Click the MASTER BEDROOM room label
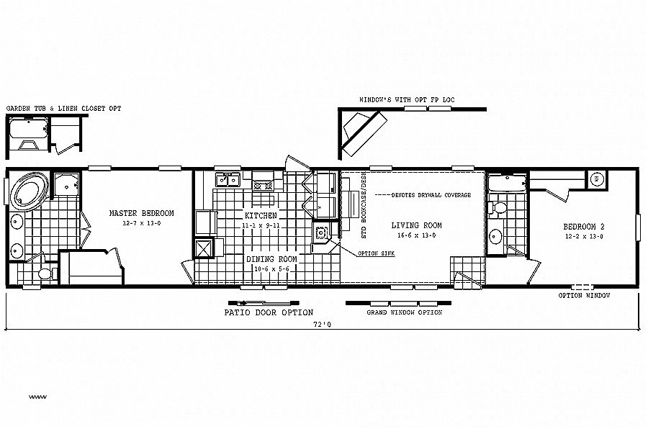click(x=142, y=213)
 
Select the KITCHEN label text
click(x=261, y=215)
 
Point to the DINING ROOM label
click(x=271, y=259)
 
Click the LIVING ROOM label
click(x=416, y=225)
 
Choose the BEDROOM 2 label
click(x=583, y=227)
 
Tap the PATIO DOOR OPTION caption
click(x=269, y=312)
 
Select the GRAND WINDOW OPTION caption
click(x=405, y=312)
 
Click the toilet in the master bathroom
click(x=45, y=273)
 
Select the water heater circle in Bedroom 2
click(x=597, y=179)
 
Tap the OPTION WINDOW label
click(x=585, y=295)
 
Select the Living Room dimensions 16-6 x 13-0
click(x=416, y=235)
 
